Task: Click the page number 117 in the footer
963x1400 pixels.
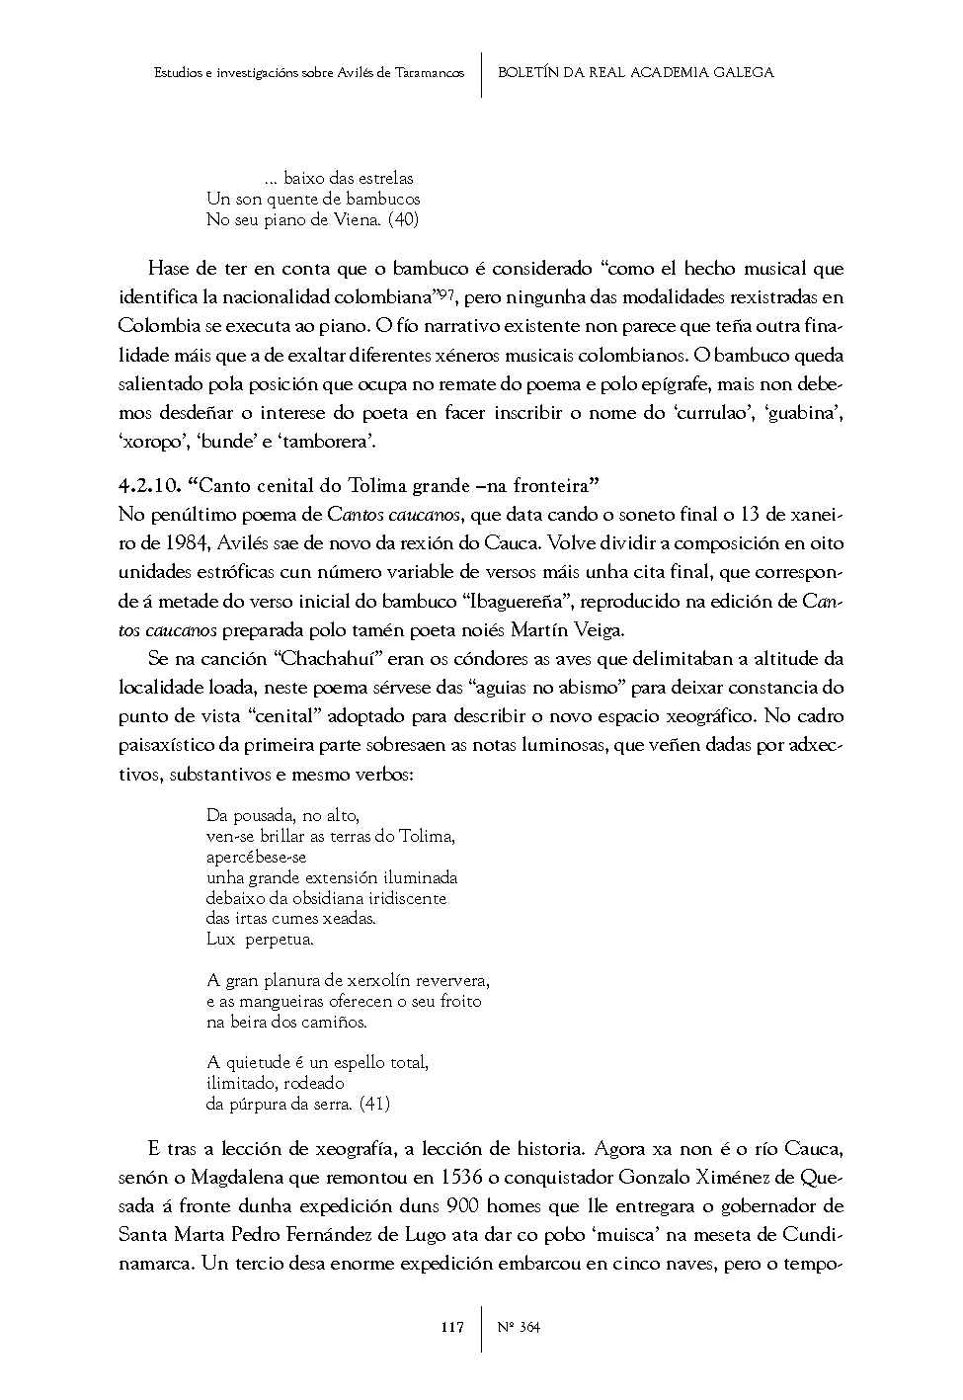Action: (x=451, y=1328)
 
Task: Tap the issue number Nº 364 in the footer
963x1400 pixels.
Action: (x=520, y=1328)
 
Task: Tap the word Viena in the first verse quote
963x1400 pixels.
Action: (x=357, y=220)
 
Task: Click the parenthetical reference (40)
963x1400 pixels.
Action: (x=402, y=220)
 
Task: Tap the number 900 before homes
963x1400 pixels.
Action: (x=465, y=1206)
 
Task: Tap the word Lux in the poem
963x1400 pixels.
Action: (x=221, y=940)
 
